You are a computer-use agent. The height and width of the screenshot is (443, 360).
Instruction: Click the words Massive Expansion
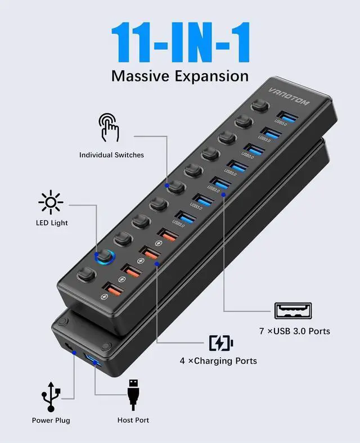(x=179, y=75)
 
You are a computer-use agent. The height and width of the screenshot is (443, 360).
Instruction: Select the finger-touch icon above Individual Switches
(x=109, y=127)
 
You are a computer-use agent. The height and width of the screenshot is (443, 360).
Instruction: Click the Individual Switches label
(x=111, y=155)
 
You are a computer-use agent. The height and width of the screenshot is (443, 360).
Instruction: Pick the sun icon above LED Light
(x=51, y=201)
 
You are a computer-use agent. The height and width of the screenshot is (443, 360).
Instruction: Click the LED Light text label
(x=51, y=223)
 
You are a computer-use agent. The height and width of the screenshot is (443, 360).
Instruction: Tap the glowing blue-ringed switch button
(x=105, y=257)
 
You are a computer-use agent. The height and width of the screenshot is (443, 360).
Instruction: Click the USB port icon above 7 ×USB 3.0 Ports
(x=292, y=310)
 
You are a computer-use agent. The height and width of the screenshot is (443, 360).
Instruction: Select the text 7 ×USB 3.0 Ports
(x=295, y=331)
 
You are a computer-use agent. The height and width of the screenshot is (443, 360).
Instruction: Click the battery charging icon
(x=220, y=342)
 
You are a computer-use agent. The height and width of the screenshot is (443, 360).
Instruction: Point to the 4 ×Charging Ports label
(x=218, y=360)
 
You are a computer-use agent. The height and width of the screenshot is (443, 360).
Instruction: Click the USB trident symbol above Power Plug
(x=51, y=396)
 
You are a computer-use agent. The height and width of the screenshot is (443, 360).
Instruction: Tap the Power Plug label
(x=51, y=420)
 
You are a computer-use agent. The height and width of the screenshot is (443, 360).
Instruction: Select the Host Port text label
(x=133, y=420)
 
